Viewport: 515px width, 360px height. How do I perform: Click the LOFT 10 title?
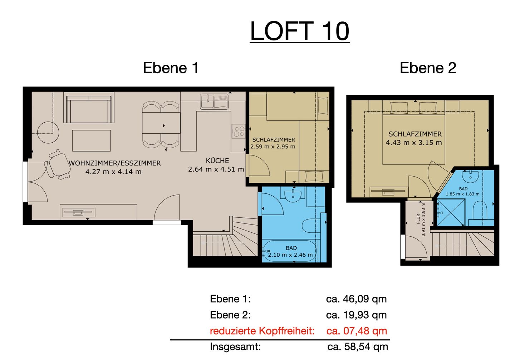300,31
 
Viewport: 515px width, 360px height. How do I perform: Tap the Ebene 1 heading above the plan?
171,68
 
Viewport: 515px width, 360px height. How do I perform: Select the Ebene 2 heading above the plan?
428,68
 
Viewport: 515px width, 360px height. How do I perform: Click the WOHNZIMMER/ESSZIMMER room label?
115,163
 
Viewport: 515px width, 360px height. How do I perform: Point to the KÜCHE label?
217,161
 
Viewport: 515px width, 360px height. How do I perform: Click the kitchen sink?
214,101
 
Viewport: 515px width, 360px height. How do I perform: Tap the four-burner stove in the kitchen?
239,131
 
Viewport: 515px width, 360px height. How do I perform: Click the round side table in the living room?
48,132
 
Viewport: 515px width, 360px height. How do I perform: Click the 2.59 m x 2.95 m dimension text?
273,147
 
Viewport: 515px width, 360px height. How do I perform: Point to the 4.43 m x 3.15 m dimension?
414,143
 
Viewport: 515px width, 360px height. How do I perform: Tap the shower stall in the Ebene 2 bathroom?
451,212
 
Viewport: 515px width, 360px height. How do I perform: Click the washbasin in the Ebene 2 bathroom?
470,176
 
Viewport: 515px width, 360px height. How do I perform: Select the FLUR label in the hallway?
418,219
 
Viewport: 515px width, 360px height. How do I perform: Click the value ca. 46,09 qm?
356,299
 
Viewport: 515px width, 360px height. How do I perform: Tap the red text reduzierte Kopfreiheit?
262,331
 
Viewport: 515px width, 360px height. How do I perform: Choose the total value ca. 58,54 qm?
358,347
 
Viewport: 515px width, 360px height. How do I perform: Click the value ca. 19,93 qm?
356,315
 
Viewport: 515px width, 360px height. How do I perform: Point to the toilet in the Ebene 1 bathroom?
312,226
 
